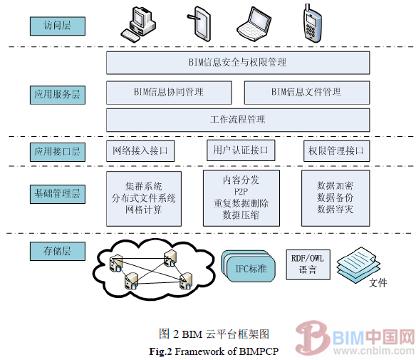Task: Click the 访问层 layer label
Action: pos(57,27)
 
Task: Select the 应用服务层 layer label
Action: pos(57,93)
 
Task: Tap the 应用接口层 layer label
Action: pos(57,151)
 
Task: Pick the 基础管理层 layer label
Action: pos(57,193)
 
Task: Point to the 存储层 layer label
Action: pos(57,250)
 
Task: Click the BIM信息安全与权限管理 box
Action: pos(238,63)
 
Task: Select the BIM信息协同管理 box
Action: pos(169,93)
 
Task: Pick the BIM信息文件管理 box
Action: pos(306,93)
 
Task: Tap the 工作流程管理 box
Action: pos(238,119)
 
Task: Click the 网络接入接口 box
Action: pos(140,151)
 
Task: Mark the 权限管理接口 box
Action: pos(336,151)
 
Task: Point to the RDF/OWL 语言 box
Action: pos(308,264)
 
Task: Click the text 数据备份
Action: pos(335,197)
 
